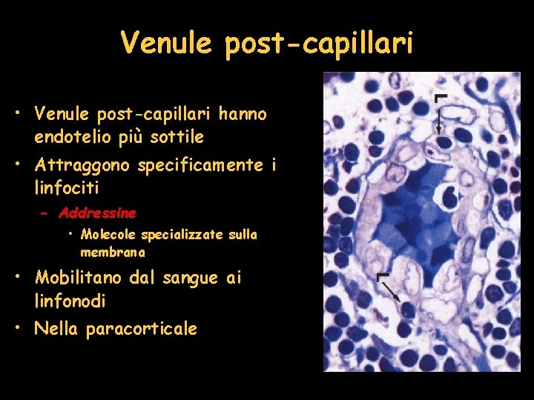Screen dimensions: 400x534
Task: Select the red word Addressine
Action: point(97,213)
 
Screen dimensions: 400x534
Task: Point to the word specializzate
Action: point(182,235)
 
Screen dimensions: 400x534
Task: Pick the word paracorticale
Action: point(141,329)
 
